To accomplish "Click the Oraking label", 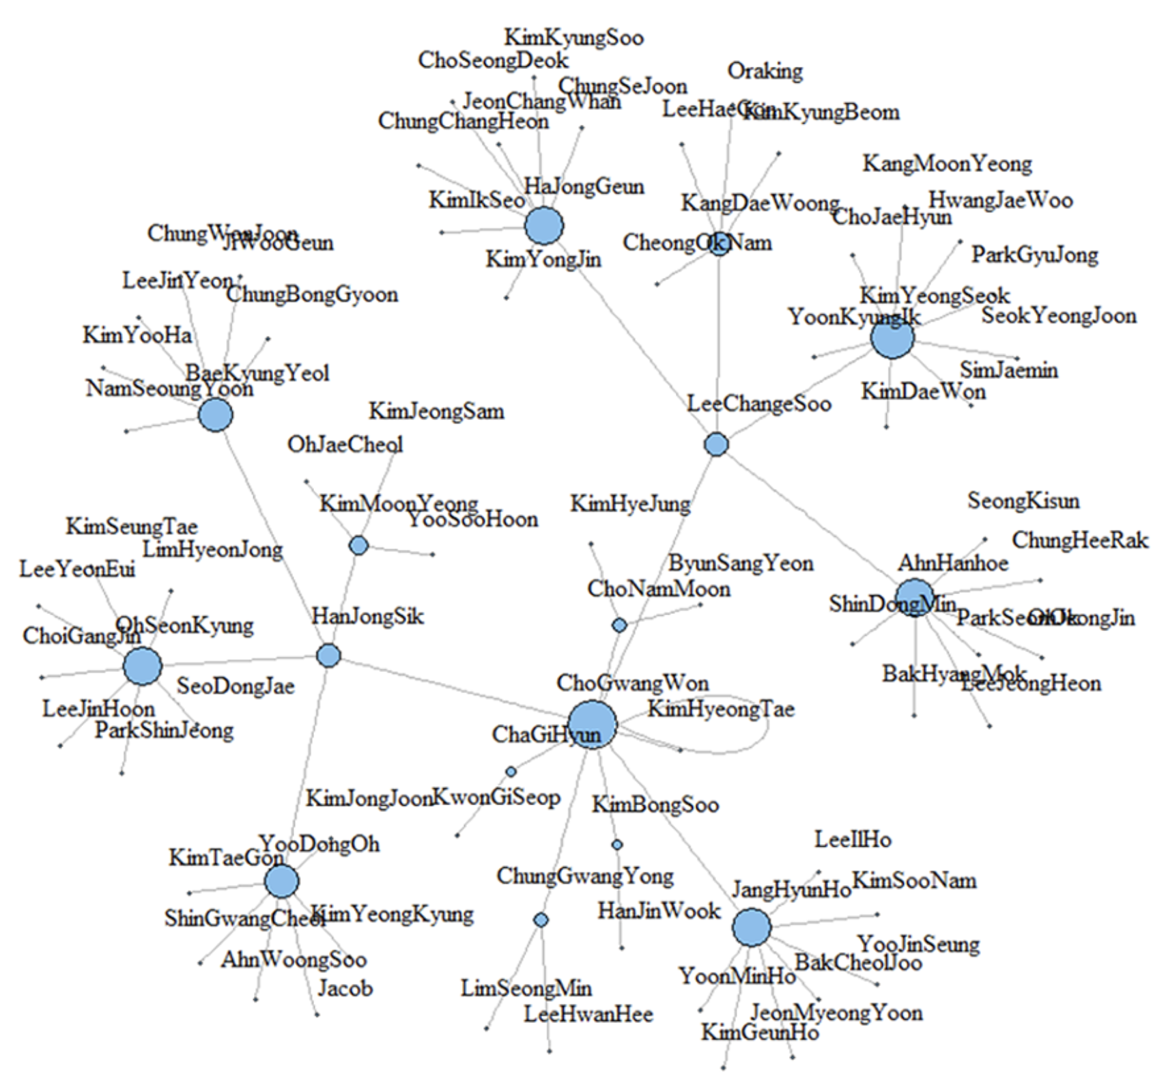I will pyautogui.click(x=765, y=72).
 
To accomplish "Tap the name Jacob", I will pyautogui.click(x=345, y=988).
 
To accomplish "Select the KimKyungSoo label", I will pyautogui.click(x=573, y=38).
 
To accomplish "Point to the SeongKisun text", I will pyautogui.click(x=1023, y=501).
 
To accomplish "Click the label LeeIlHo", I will pyautogui.click(x=853, y=839).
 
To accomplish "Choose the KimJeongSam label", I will pyautogui.click(x=436, y=412).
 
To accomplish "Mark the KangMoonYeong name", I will pyautogui.click(x=947, y=165).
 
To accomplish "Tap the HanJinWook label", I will pyautogui.click(x=659, y=911).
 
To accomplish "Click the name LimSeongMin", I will pyautogui.click(x=526, y=988).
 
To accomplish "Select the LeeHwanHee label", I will pyautogui.click(x=588, y=1014).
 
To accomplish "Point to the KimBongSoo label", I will pyautogui.click(x=655, y=804).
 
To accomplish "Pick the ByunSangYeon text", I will pyautogui.click(x=740, y=564).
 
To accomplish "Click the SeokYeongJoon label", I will pyautogui.click(x=1058, y=316).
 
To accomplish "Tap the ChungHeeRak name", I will pyautogui.click(x=1079, y=541).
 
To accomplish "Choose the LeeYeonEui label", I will pyautogui.click(x=77, y=570).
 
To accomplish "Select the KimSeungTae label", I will pyautogui.click(x=131, y=527).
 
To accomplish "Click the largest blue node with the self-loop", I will pyautogui.click(x=592, y=724).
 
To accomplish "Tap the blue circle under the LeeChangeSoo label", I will pyautogui.click(x=716, y=445).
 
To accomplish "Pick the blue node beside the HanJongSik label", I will pyautogui.click(x=328, y=656).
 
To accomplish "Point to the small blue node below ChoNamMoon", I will pyautogui.click(x=619, y=625).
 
